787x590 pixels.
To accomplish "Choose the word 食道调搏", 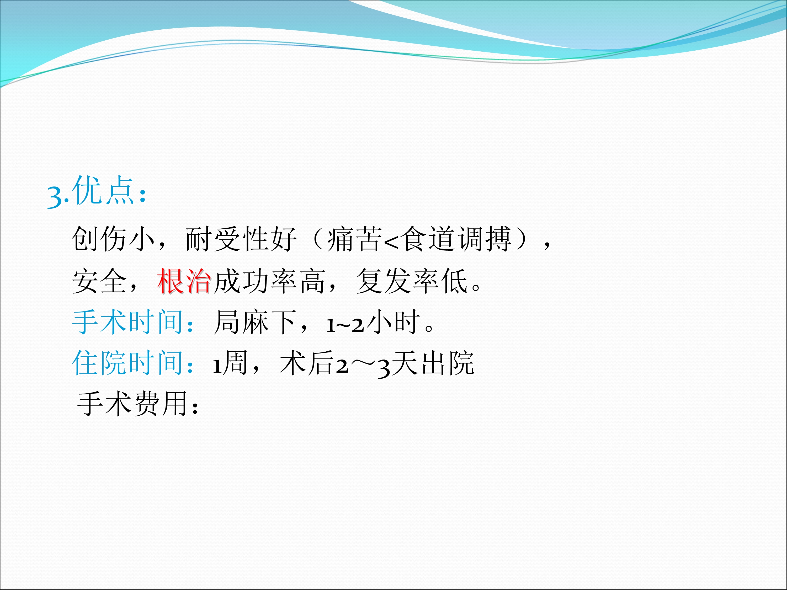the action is pos(456,239).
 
